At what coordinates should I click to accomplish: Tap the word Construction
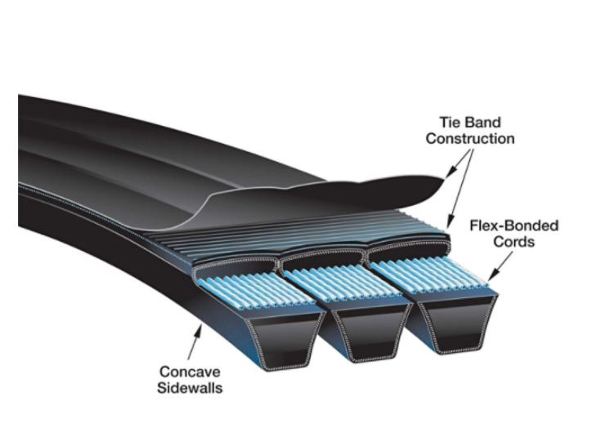click(470, 139)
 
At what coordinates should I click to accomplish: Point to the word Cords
click(514, 242)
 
